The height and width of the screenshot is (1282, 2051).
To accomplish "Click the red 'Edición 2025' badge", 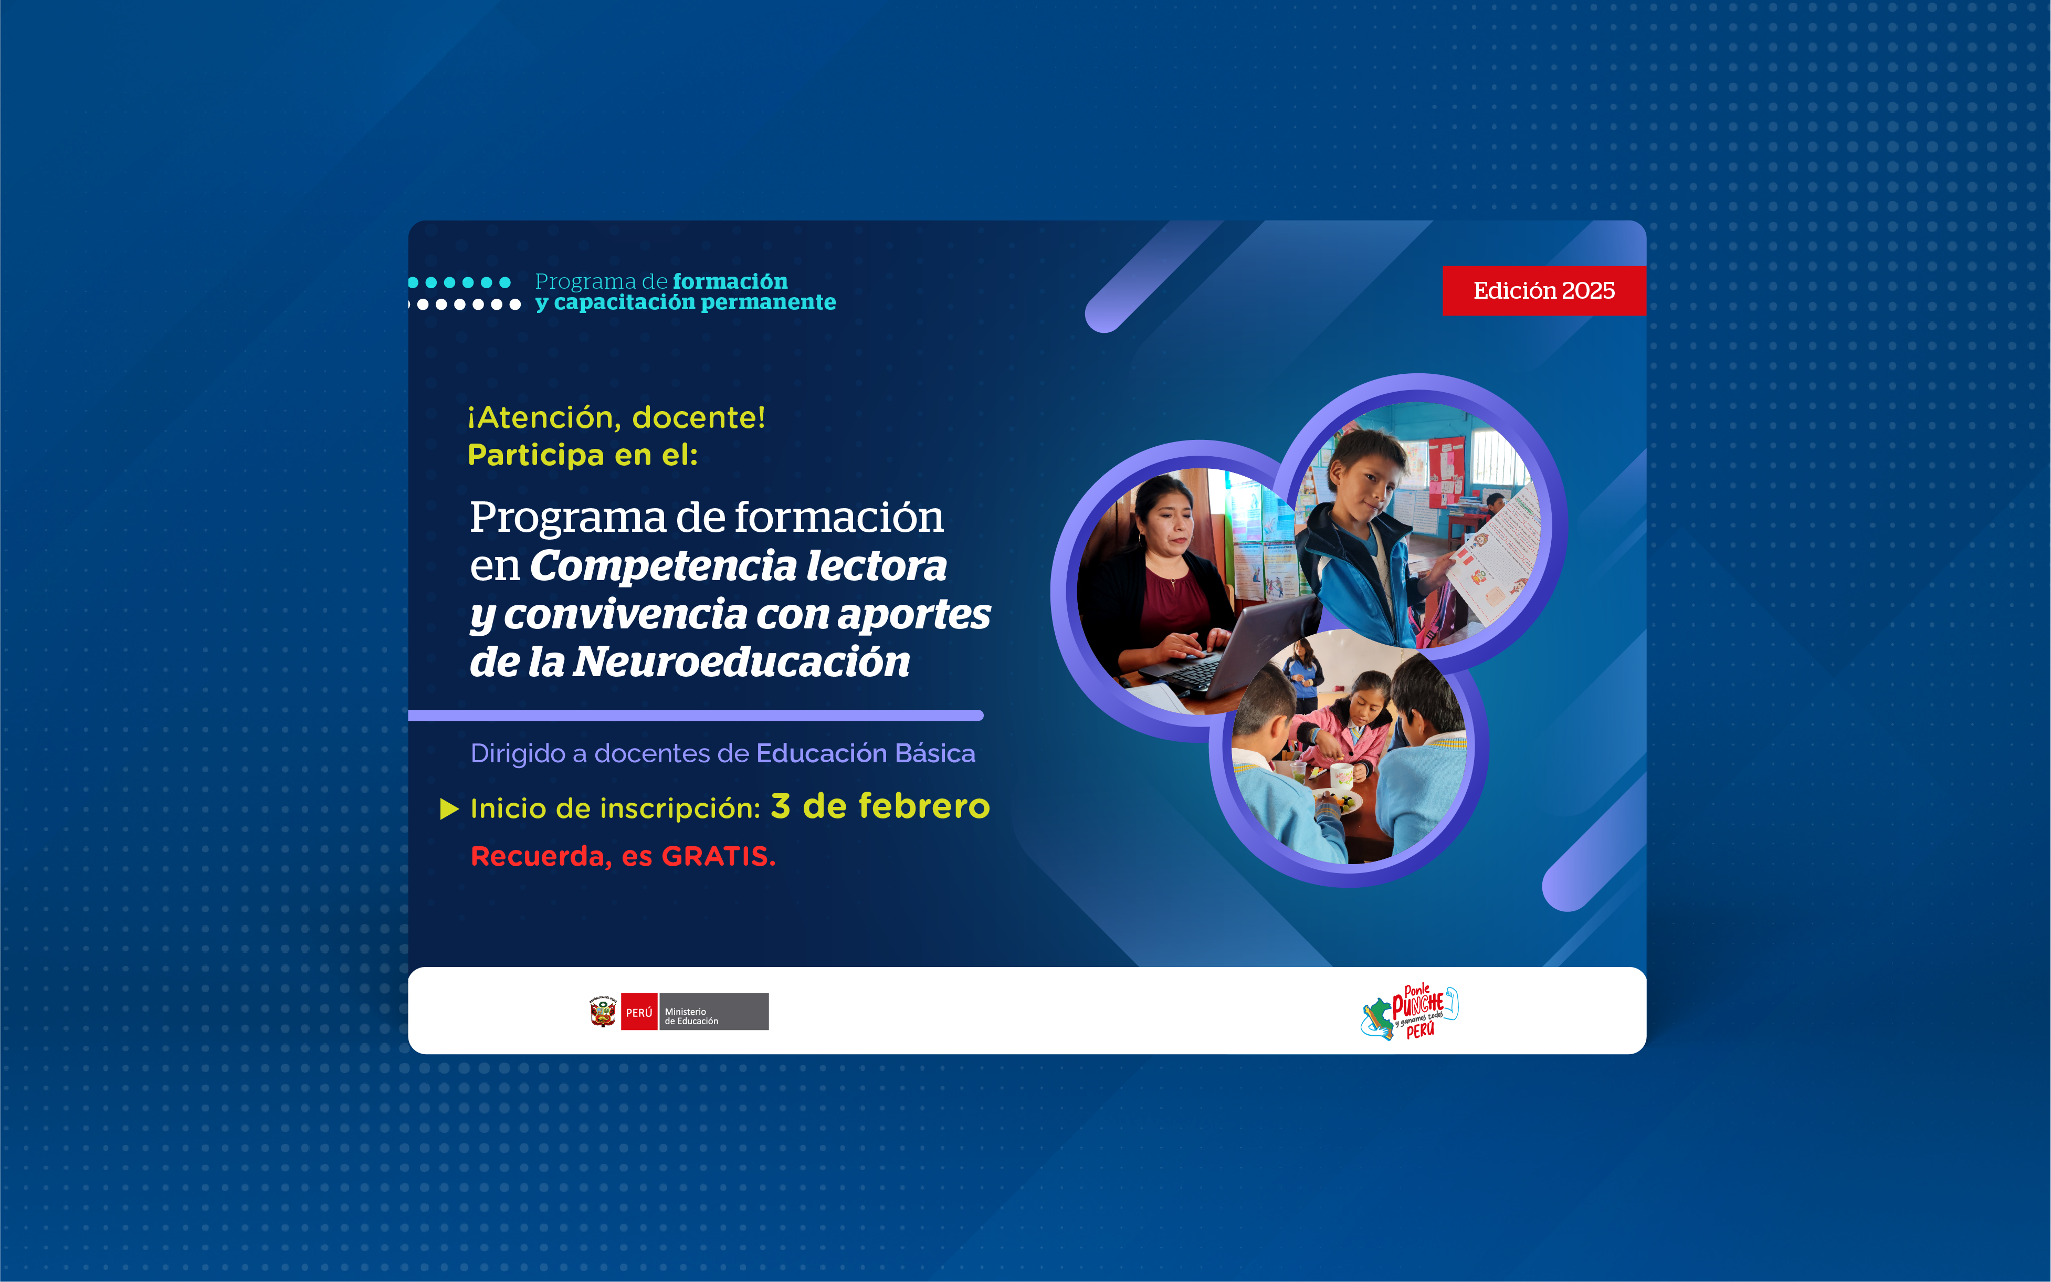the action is click(1544, 291).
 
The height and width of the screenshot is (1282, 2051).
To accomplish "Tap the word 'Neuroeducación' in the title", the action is click(741, 661).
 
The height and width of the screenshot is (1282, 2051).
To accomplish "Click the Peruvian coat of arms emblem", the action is click(603, 1012).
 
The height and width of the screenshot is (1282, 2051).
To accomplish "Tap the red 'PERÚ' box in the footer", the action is click(639, 1012).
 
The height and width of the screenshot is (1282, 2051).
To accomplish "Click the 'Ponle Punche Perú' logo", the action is click(1409, 1012).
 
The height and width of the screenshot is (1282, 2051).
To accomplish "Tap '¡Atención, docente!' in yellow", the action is click(616, 417).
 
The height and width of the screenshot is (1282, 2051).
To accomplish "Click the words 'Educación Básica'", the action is click(866, 753).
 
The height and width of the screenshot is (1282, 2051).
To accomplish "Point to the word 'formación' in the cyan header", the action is click(730, 281).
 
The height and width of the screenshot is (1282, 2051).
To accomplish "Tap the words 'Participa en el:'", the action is click(583, 455).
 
